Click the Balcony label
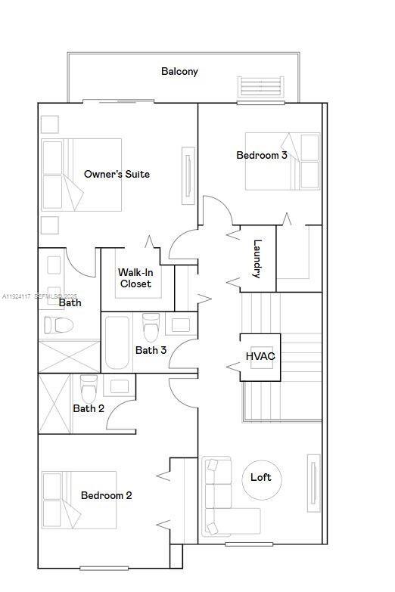179,72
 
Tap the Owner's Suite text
117,175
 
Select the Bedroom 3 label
261,156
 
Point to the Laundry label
257,259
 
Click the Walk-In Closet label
135,278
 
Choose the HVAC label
260,357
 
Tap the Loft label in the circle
260,478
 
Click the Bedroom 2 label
107,496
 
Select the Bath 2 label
89,409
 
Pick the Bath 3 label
151,351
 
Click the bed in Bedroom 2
79,500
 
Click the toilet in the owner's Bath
58,326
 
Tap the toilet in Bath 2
89,388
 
